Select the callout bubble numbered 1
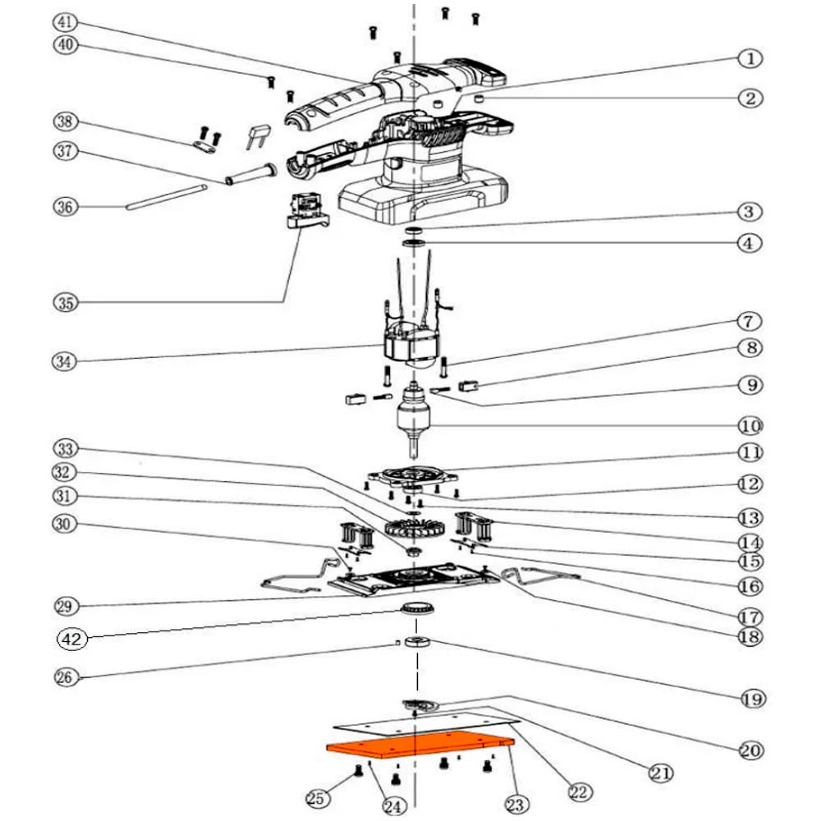[x=750, y=59]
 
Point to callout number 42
[x=71, y=637]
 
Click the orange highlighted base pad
[x=419, y=746]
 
